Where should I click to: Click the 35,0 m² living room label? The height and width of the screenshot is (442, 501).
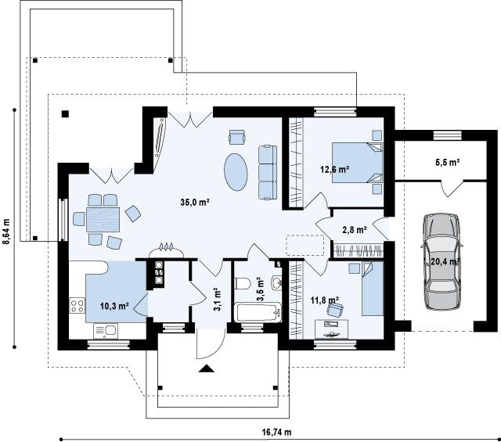point(195,202)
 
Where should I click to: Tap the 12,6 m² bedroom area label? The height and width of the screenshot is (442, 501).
point(334,169)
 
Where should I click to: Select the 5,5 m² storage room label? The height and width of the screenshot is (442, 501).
point(447,162)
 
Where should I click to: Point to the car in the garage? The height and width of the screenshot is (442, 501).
point(442,261)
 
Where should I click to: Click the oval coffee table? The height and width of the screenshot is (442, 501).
point(236,172)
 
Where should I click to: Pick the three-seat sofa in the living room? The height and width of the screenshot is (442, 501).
point(268,172)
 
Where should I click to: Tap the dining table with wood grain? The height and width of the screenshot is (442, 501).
point(103,219)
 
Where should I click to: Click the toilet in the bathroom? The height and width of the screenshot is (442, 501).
point(243,283)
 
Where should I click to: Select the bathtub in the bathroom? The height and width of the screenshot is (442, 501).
point(258,312)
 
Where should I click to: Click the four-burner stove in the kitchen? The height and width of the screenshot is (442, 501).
point(77,305)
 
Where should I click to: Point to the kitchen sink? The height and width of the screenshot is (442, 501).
point(106,331)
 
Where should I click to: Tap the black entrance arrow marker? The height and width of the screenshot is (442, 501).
point(207,368)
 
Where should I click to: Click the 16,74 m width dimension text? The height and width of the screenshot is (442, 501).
point(276,432)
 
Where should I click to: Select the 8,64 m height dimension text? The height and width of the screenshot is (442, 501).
point(6,232)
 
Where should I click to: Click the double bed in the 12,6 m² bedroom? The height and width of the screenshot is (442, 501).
point(357,163)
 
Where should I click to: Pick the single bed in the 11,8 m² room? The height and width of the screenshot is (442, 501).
point(373,289)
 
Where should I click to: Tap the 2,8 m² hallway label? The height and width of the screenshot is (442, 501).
point(355,229)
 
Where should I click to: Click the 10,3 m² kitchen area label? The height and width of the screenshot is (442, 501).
point(114,306)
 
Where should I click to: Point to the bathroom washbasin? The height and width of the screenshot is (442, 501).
point(276,282)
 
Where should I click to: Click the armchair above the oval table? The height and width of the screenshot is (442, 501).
point(237,137)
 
